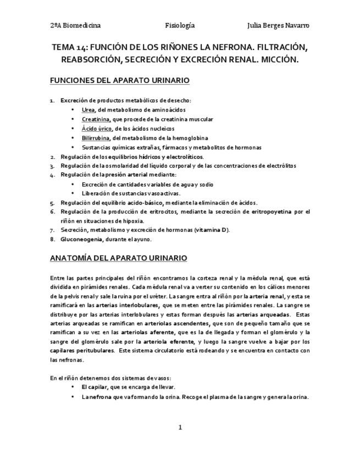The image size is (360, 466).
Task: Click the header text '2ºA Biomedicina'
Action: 75,25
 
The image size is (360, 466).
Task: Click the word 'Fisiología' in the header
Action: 180,25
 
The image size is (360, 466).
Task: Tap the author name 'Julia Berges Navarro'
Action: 279,25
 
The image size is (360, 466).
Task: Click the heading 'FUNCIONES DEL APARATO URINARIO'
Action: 119,81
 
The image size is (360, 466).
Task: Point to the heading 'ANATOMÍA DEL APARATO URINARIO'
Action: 118,258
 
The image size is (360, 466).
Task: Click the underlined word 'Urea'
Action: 88,110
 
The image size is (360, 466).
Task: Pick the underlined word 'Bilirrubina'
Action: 96,138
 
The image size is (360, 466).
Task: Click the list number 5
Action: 52,202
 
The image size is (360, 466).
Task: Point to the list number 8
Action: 52,239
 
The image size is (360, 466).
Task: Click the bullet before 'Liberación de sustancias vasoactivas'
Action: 73,193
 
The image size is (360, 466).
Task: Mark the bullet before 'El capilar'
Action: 73,387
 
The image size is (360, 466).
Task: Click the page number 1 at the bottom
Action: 180,428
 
